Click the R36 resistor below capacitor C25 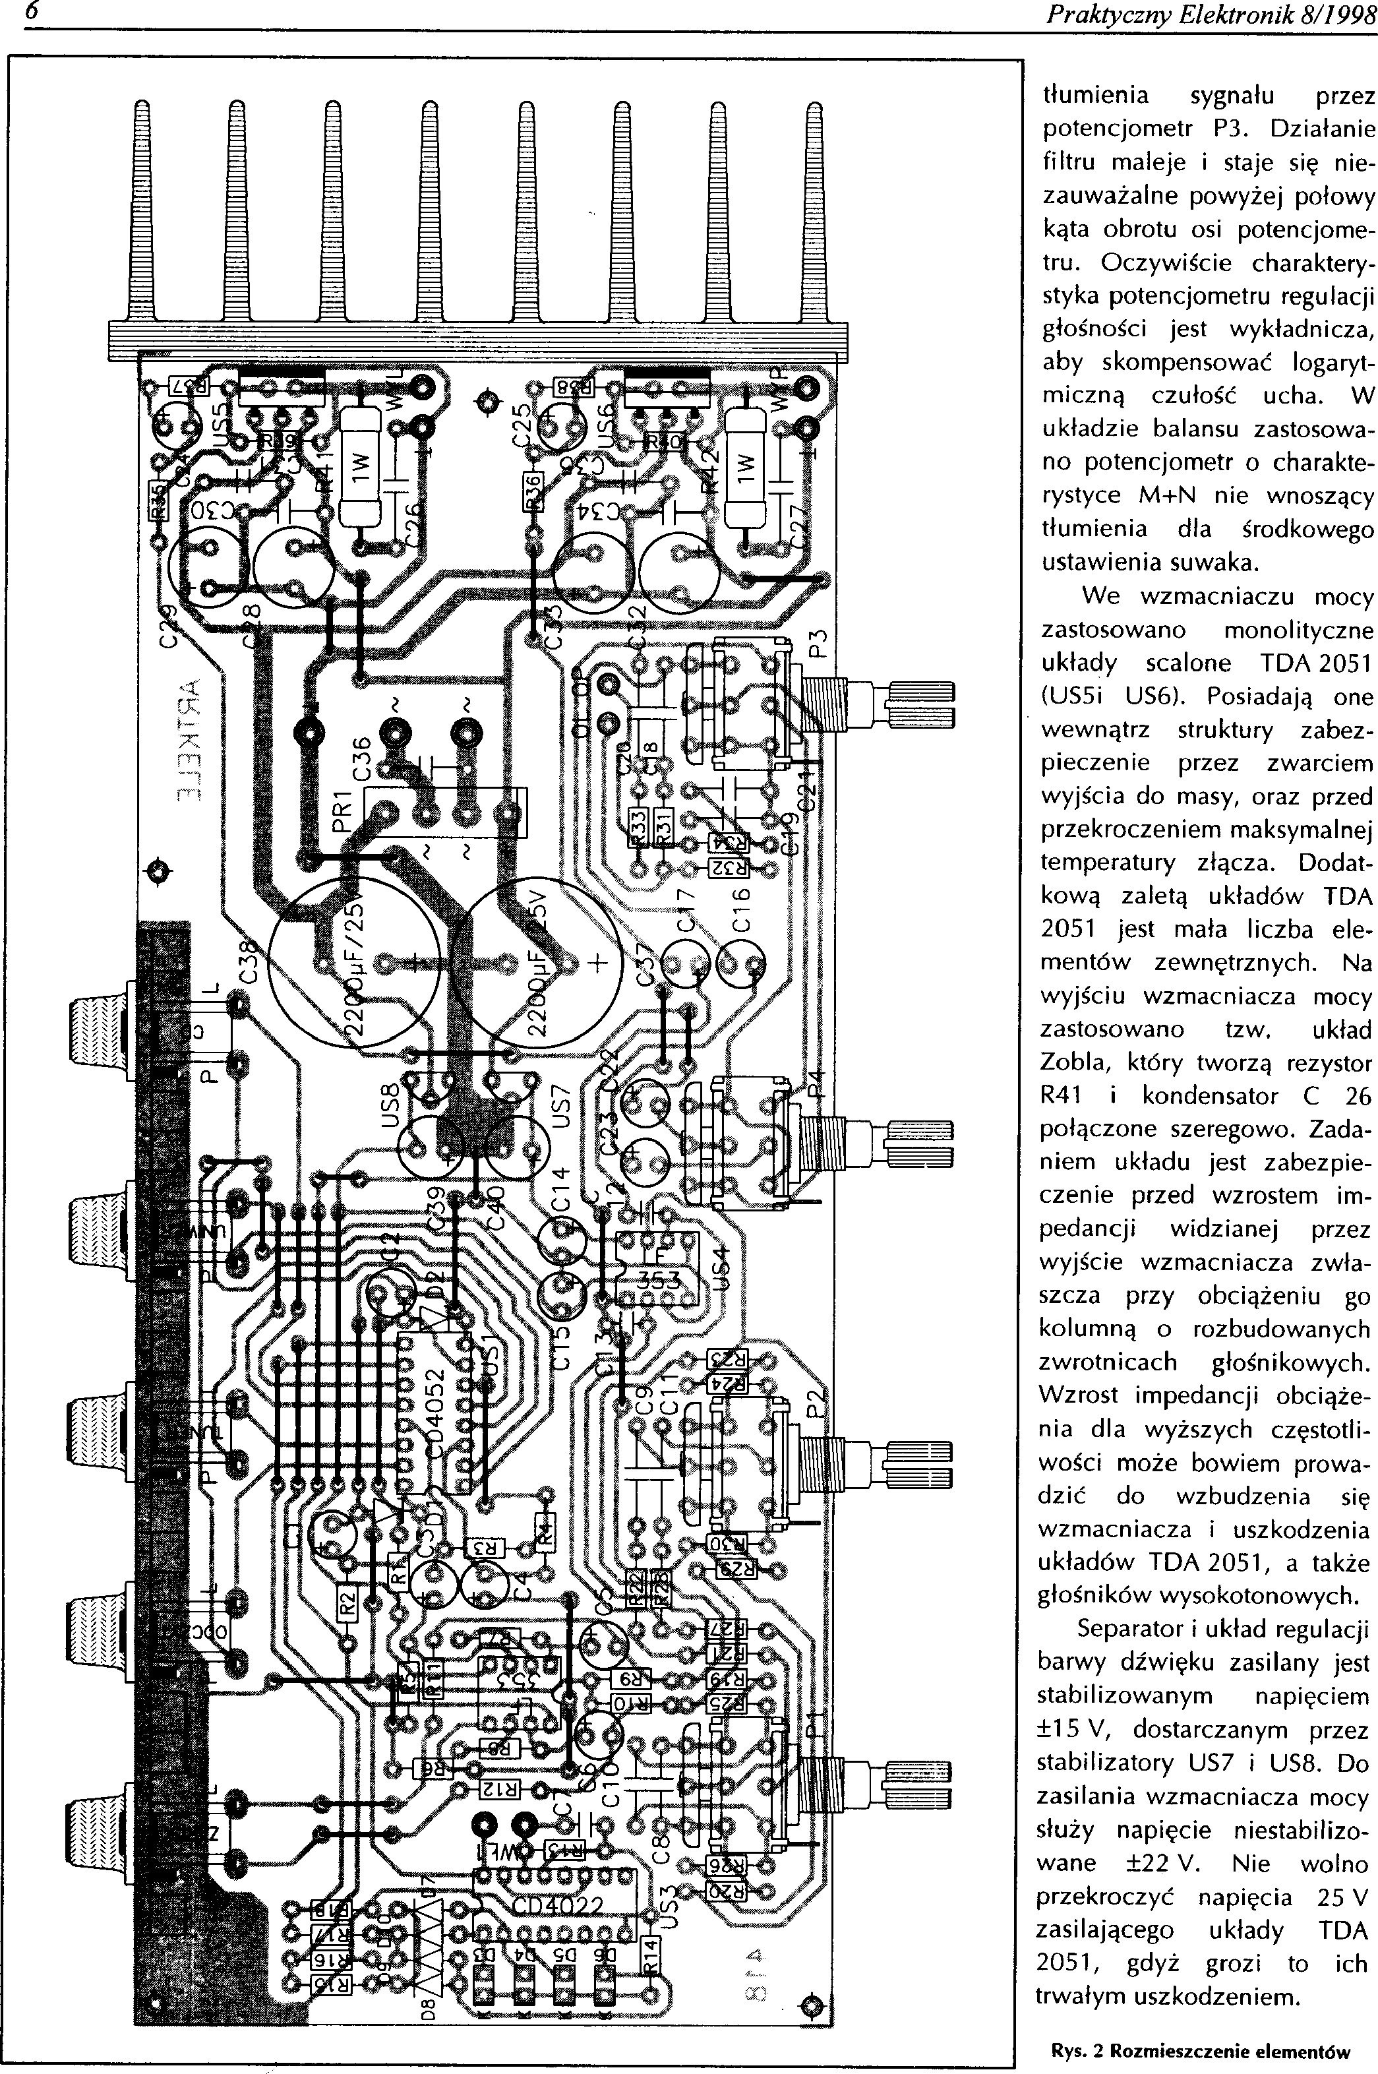531,492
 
